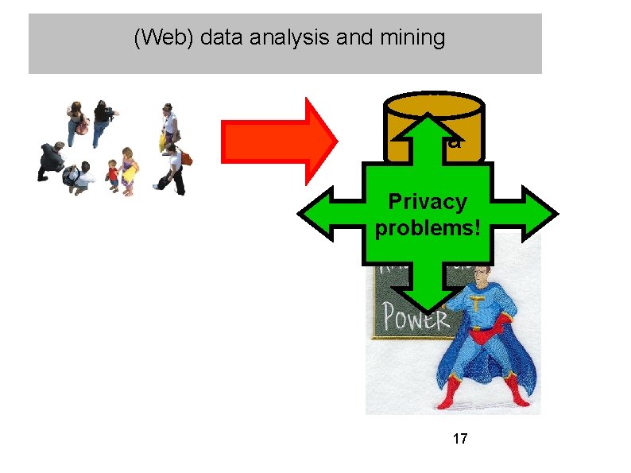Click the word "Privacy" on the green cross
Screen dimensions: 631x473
pyautogui.click(x=427, y=202)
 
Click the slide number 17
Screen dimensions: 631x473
pyautogui.click(x=459, y=438)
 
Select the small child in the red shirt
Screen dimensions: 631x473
pyautogui.click(x=112, y=176)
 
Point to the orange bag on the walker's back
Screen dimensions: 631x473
pyautogui.click(x=186, y=158)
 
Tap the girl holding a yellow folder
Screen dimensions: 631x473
pyautogui.click(x=128, y=173)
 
